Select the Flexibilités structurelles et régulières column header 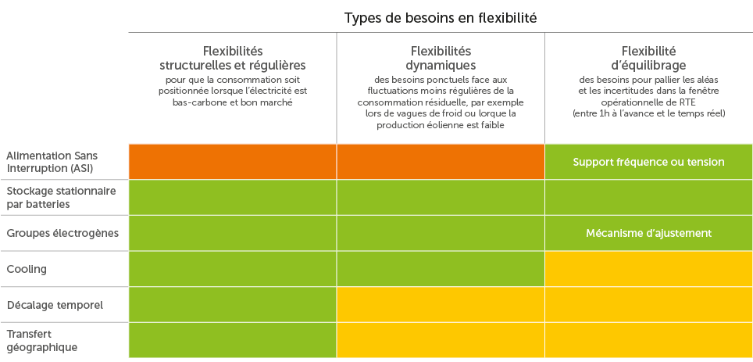(x=232, y=59)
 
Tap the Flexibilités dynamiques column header (x=441, y=59)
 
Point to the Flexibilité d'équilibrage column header (x=648, y=59)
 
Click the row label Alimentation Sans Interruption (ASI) (x=52, y=162)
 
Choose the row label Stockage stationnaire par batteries (x=61, y=197)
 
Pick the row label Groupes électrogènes (x=62, y=233)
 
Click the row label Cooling (x=27, y=269)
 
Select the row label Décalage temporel (x=55, y=304)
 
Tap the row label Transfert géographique (x=42, y=340)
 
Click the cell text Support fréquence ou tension (x=648, y=162)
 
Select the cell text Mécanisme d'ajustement (x=648, y=233)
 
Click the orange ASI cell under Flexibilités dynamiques (x=441, y=162)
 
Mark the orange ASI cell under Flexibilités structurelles (x=232, y=162)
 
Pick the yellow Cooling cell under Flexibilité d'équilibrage (x=648, y=269)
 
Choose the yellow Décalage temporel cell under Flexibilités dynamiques (x=441, y=304)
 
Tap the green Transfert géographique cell (x=232, y=340)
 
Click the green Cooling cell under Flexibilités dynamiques (x=441, y=269)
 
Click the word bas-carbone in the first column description (x=195, y=102)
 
